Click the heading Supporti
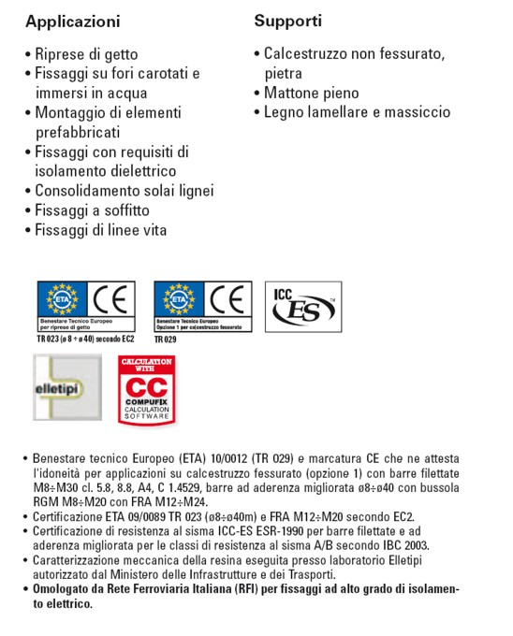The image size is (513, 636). click(x=287, y=20)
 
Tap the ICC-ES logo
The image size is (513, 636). click(x=303, y=306)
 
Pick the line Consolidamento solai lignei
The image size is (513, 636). click(x=124, y=191)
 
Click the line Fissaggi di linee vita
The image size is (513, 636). click(x=101, y=230)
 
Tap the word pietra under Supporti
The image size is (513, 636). click(x=283, y=73)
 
